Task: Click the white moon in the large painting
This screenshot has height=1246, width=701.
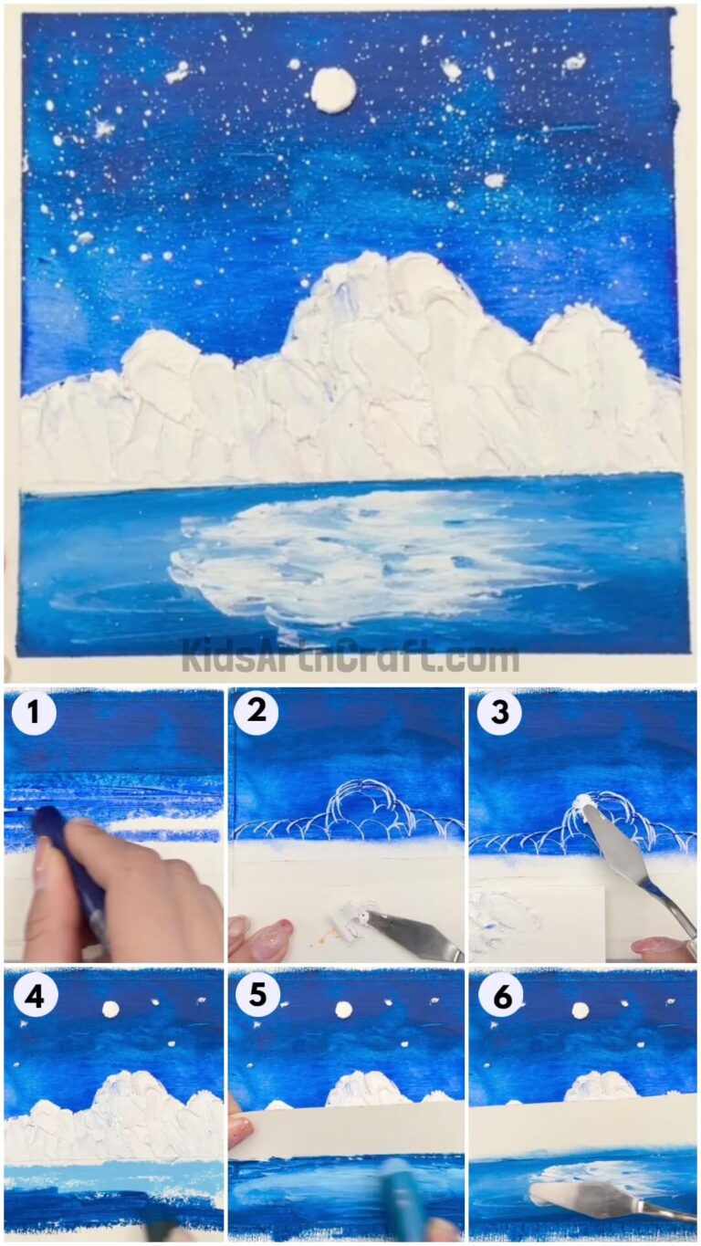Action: click(x=332, y=89)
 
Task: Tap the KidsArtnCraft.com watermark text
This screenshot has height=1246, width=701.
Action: click(x=350, y=655)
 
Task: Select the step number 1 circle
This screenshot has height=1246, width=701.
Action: click(x=34, y=715)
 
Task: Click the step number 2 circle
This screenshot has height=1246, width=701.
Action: click(x=256, y=713)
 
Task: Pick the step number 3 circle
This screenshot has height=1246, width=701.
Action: click(x=499, y=713)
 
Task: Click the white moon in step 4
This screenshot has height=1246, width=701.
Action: click(x=110, y=1009)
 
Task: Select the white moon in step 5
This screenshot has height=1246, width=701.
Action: click(x=344, y=1009)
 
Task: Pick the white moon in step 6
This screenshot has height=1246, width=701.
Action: click(x=580, y=1010)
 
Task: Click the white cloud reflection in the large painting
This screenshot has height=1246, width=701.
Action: click(x=365, y=557)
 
